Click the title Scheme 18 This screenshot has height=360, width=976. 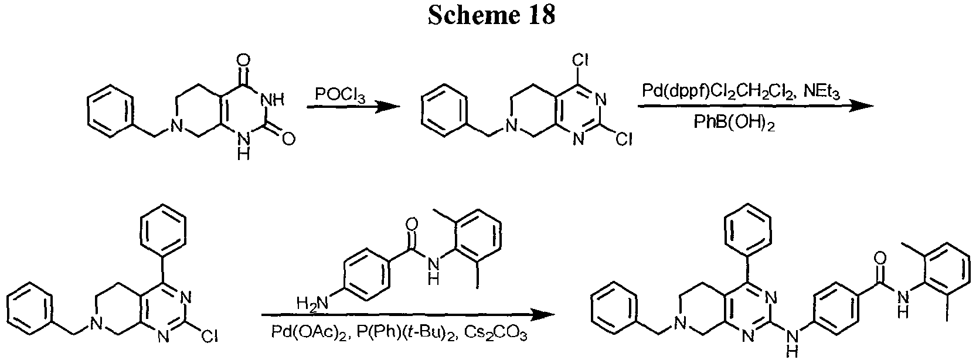491,16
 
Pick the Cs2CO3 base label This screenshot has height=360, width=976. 495,333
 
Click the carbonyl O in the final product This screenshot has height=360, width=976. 879,258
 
